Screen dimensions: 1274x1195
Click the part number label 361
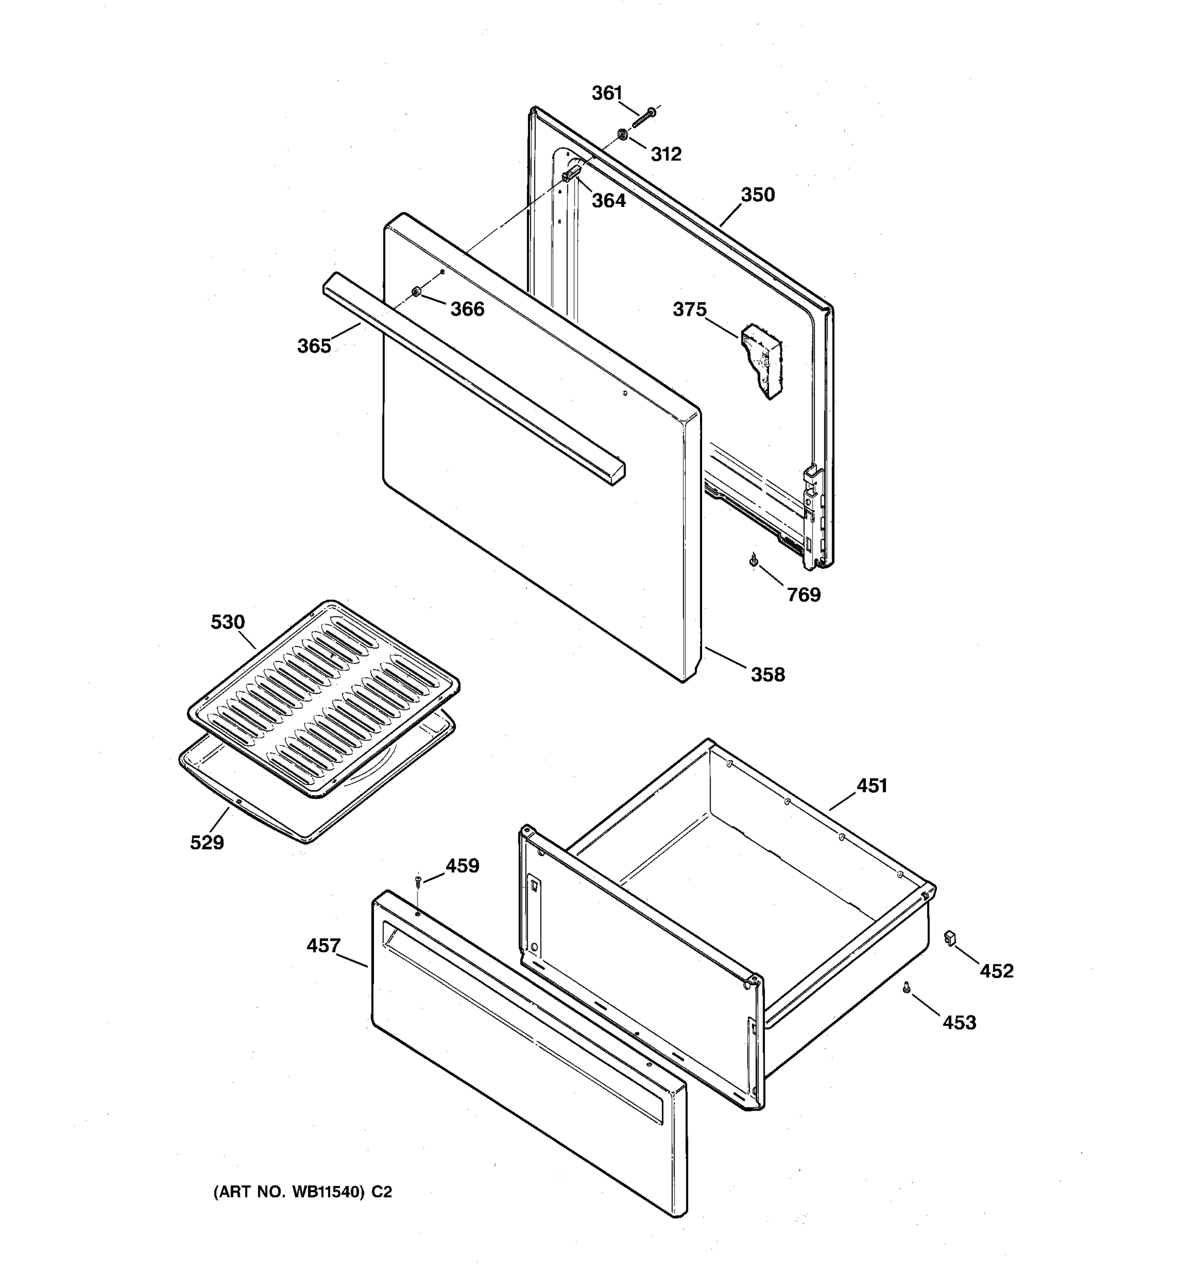607,93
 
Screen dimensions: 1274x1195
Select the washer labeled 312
622,135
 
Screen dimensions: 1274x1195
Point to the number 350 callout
758,195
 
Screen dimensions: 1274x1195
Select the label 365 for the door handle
314,346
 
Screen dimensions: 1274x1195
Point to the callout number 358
767,675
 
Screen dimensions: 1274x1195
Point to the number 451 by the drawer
872,786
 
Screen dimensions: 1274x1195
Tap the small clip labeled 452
950,938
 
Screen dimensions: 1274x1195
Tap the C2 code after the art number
381,1192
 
